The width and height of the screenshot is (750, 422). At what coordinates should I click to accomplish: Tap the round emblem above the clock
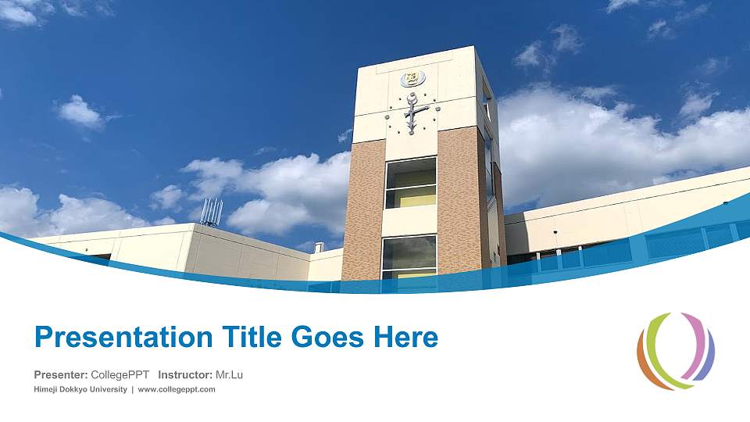click(412, 79)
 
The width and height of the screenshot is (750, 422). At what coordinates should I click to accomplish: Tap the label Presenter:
click(60, 375)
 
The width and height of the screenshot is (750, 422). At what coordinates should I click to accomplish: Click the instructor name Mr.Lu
click(229, 375)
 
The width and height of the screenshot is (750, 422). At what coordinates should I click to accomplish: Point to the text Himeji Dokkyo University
click(80, 389)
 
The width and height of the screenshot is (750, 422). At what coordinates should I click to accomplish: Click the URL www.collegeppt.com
click(177, 389)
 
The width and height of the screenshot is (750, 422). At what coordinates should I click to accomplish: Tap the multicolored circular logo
click(676, 351)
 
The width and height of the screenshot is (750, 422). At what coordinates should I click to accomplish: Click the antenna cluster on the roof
click(211, 212)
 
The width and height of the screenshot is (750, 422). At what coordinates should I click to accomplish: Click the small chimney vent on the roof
click(318, 248)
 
